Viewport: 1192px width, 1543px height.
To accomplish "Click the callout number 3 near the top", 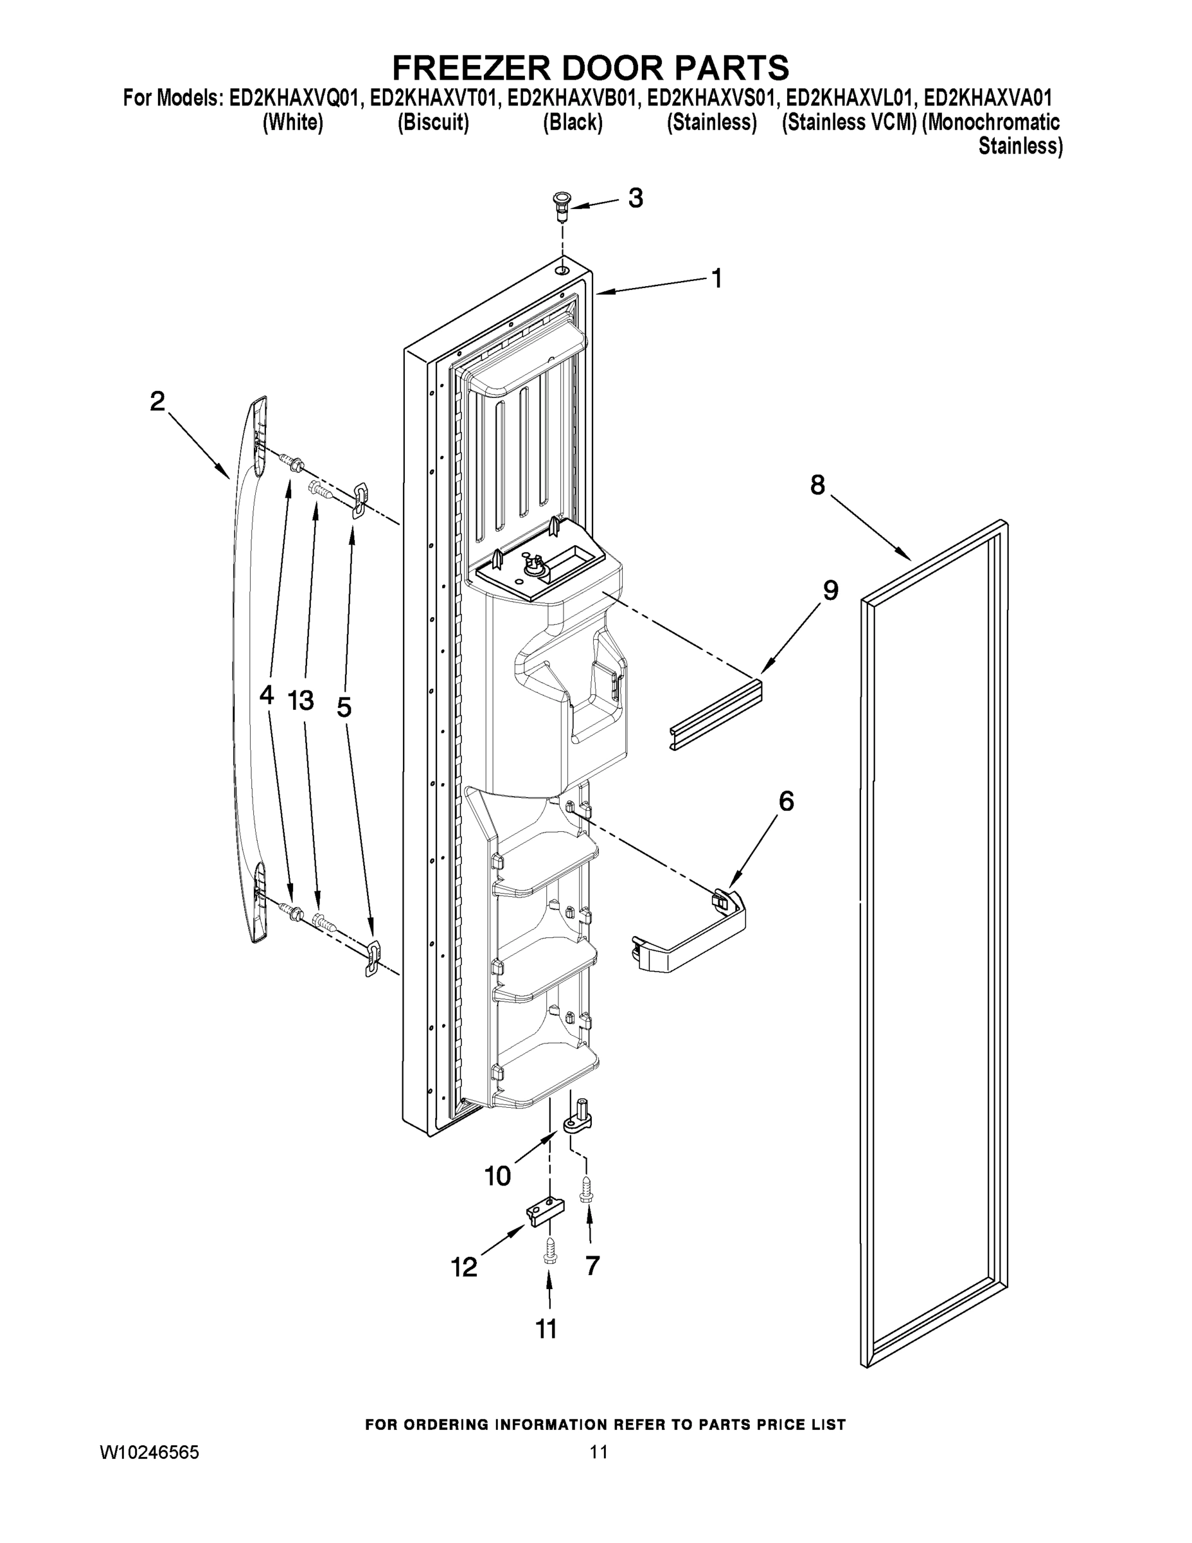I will [x=635, y=199].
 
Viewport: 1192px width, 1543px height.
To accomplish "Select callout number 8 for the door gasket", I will [x=817, y=485].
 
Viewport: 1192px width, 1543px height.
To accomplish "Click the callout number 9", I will [x=830, y=591].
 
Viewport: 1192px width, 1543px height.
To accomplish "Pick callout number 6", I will [x=786, y=801].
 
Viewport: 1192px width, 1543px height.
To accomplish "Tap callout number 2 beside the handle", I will [x=157, y=402].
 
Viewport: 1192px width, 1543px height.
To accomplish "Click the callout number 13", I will [x=301, y=701].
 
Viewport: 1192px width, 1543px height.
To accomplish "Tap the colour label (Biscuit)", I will [x=433, y=122].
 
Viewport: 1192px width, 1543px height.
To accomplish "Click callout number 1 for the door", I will [x=716, y=279].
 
